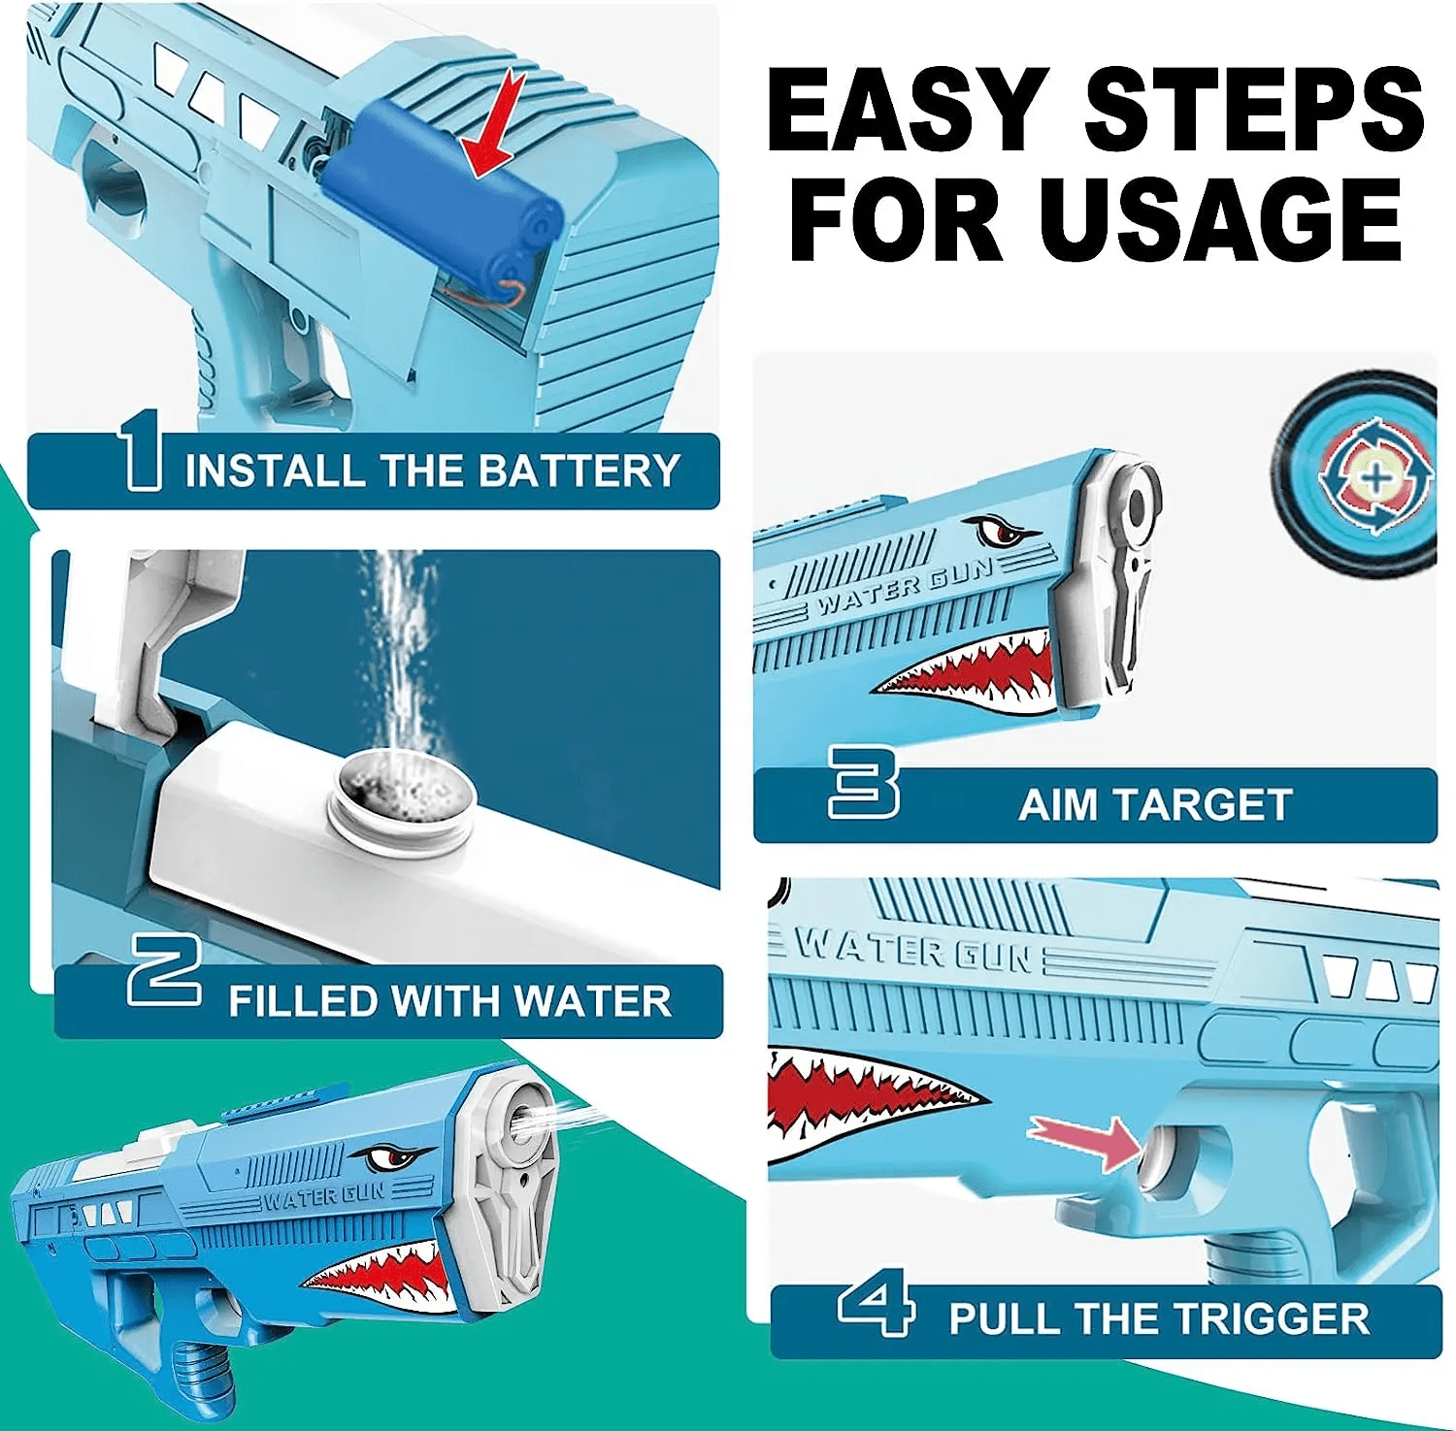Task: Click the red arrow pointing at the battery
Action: coord(496,126)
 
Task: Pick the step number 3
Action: coord(863,781)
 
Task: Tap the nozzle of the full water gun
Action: coord(523,1120)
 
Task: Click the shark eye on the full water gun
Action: coord(391,1157)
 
